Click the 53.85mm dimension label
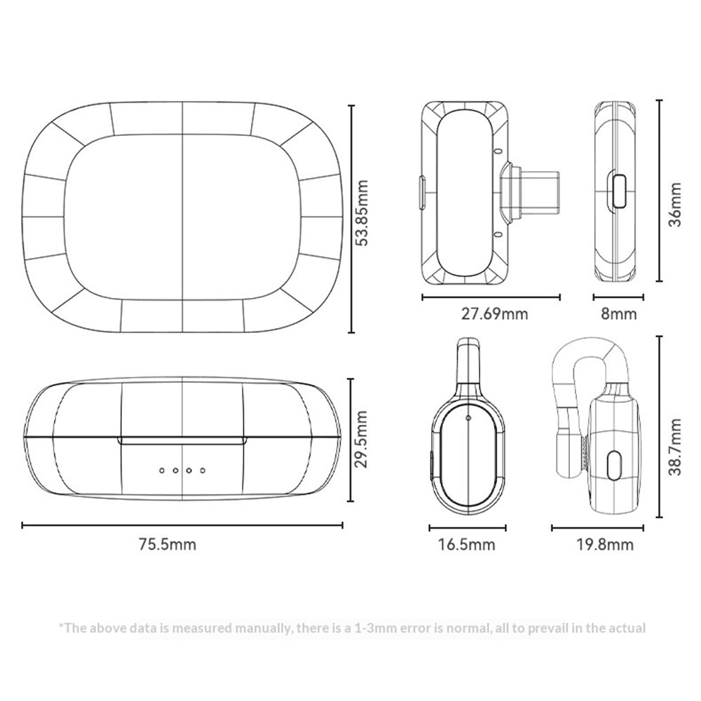tap(360, 213)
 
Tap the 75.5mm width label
tap(168, 544)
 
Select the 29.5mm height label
tap(360, 439)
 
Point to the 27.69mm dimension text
tap(494, 313)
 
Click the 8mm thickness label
tap(619, 313)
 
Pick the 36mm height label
tap(674, 204)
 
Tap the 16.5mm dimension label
tap(466, 544)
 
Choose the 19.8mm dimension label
tap(604, 544)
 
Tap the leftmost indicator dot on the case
tap(163, 470)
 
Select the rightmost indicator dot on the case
tap(203, 470)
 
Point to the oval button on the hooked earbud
tap(615, 465)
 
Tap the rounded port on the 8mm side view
tap(619, 191)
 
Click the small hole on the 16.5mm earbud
tap(468, 418)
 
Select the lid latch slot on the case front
tap(182, 441)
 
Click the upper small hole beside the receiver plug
tap(498, 151)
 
